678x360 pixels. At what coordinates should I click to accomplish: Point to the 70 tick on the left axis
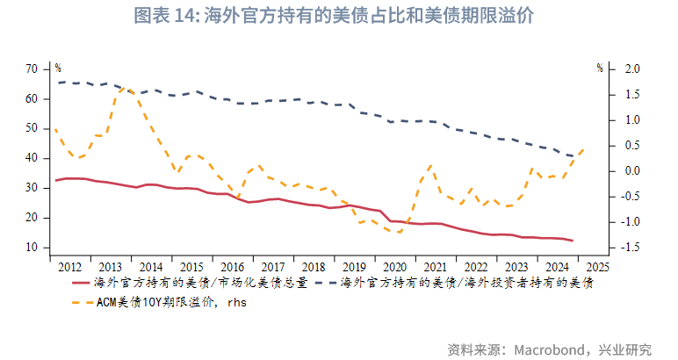point(32,68)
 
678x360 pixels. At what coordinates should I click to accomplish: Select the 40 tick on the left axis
point(32,158)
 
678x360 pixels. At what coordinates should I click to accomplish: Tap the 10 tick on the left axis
point(32,248)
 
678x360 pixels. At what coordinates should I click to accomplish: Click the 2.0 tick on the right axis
point(631,68)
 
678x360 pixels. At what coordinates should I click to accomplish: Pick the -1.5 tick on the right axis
point(629,248)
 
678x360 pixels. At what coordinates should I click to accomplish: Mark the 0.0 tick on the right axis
point(631,170)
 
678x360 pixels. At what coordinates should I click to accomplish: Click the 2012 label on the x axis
point(70,266)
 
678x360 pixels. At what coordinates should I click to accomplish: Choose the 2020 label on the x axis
point(394,266)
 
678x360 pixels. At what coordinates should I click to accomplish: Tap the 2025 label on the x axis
point(597,266)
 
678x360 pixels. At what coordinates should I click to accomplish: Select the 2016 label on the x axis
point(232,266)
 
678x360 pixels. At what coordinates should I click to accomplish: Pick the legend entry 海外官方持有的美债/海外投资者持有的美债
point(465,283)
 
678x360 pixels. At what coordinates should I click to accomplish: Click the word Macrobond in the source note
point(552,349)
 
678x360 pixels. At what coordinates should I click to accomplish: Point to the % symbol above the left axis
point(58,68)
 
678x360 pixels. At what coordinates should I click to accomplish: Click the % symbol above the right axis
point(600,68)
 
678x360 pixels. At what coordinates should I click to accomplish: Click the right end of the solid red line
point(573,241)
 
